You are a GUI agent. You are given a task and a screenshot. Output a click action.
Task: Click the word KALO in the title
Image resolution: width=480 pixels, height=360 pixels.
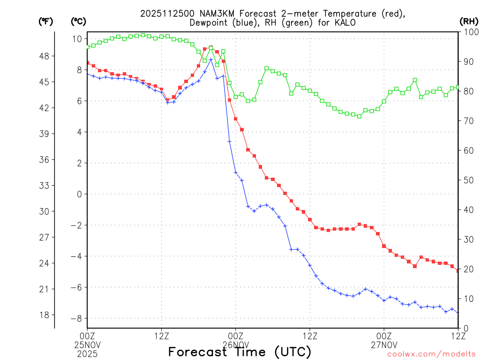pos(345,22)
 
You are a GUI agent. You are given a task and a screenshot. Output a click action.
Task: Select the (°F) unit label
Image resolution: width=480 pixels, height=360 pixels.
pos(46,21)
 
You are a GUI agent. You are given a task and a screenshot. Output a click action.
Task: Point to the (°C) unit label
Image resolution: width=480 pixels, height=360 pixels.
pos(78,21)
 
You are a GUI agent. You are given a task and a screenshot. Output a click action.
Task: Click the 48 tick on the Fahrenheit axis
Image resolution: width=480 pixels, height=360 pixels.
pos(49,56)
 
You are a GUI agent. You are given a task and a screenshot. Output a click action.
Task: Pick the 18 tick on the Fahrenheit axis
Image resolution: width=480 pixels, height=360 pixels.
pos(49,315)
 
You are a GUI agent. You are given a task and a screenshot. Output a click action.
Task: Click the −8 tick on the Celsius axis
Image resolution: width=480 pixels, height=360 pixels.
pos(77,319)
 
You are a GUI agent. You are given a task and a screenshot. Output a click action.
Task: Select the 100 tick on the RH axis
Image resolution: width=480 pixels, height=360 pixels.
pos(470,32)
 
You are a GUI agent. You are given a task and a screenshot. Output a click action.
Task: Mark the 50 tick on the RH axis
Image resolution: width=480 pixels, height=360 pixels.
pos(468,180)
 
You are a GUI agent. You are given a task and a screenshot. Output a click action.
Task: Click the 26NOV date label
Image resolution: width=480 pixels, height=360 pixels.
pos(235,344)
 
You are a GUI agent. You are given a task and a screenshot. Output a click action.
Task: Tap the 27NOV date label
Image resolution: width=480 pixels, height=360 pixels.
pos(384,344)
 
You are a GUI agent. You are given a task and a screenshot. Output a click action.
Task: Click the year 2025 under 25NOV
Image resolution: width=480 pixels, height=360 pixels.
pos(87,352)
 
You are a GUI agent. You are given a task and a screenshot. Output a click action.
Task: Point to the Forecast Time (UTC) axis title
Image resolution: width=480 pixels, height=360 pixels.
pos(240,352)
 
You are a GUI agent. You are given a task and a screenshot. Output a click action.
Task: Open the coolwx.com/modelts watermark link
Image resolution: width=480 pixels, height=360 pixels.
pos(431,354)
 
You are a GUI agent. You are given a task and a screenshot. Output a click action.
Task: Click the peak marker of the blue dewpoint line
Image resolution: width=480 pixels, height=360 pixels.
pos(211,60)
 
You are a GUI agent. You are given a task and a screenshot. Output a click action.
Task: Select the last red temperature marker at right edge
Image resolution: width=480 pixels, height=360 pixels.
pos(457,270)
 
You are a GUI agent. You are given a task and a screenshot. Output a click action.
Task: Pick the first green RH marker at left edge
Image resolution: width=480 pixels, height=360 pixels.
pos(88,46)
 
